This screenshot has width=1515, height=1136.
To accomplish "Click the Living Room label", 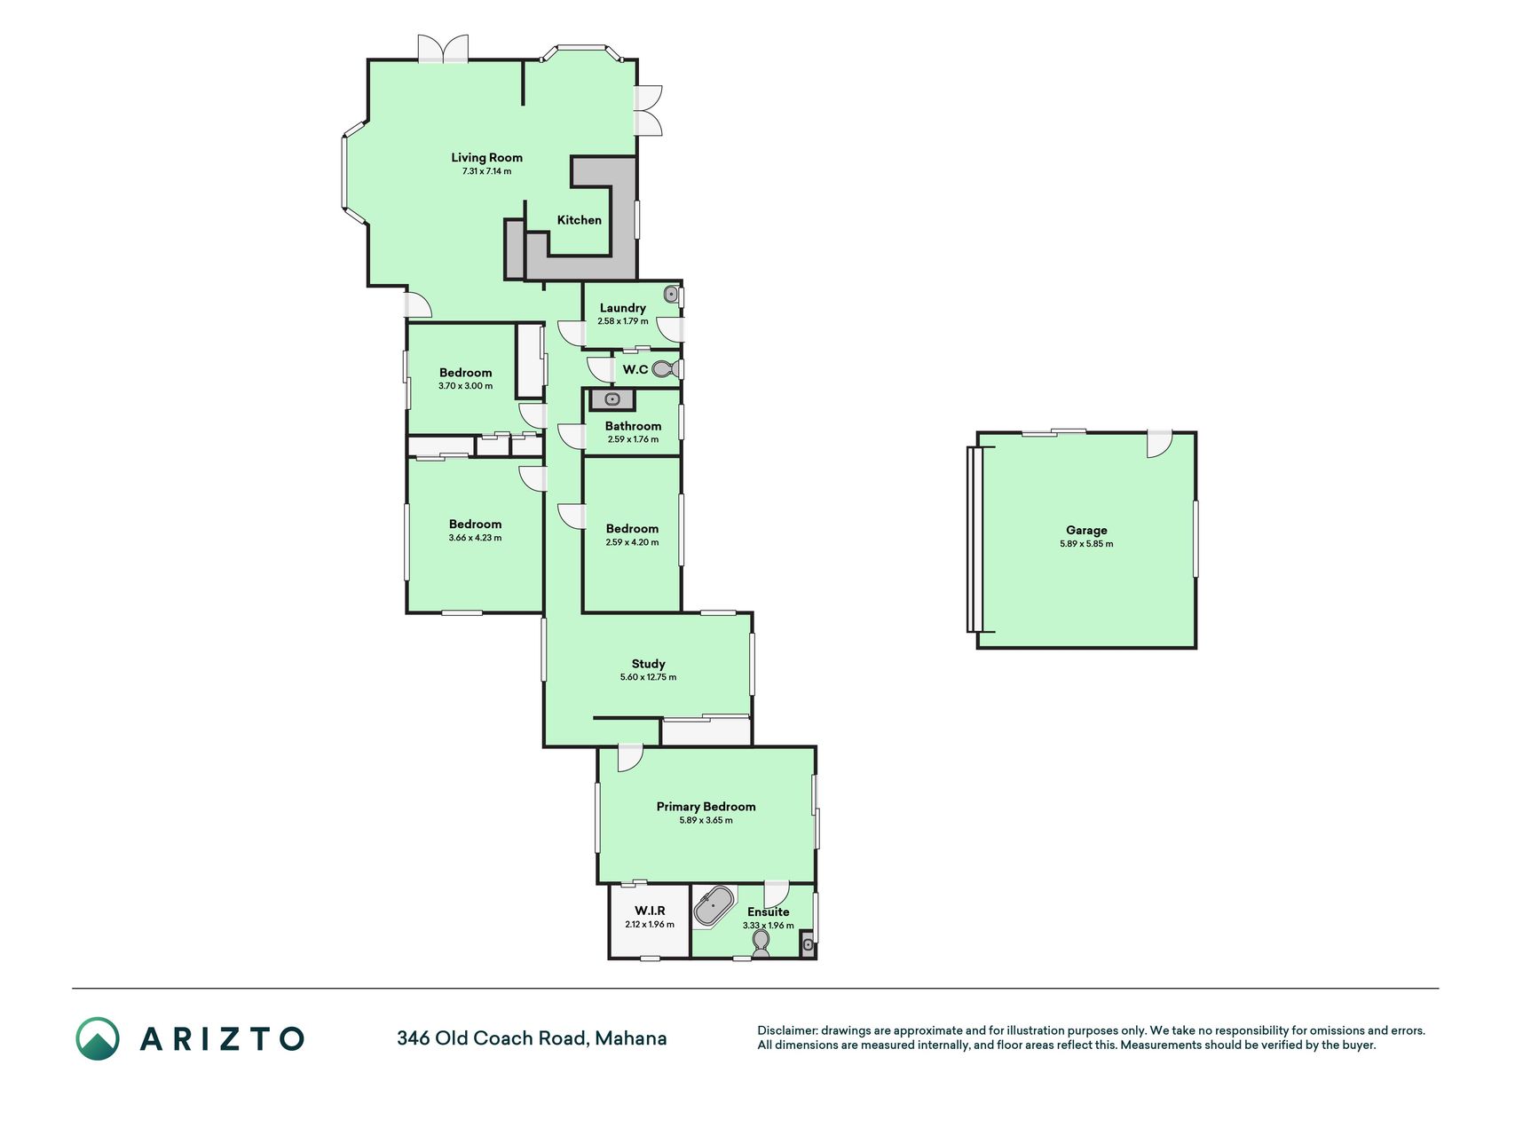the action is pos(486,158).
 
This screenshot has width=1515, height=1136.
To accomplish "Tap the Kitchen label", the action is pos(580,220).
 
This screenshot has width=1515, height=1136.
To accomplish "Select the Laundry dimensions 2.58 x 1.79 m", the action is pos(623,321).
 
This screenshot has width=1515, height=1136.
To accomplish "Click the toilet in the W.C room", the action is pos(665,368).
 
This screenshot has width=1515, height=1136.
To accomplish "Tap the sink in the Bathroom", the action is pos(612,399).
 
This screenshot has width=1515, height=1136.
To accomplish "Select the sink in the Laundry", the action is pos(672,294).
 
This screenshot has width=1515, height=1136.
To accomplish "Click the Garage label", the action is pos(1086,531).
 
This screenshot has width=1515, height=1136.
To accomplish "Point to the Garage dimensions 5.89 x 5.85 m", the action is pos(1086,544).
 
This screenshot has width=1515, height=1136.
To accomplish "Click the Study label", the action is pos(649,664).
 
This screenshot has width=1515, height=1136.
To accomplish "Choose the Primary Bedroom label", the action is pos(706,807).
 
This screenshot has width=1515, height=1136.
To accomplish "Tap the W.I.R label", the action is pos(650,911).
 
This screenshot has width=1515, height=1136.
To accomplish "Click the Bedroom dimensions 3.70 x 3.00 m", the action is pos(466,386).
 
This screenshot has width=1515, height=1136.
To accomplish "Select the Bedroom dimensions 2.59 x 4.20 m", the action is pos(633,542).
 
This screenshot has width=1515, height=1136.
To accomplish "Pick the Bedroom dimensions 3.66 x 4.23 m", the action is pos(476,538).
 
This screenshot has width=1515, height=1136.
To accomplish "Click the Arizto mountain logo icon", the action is pos(98,1038).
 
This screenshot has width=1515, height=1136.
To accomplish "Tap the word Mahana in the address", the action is pos(631,1038).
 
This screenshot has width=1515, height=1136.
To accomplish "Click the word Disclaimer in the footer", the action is pos(786,1030).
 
